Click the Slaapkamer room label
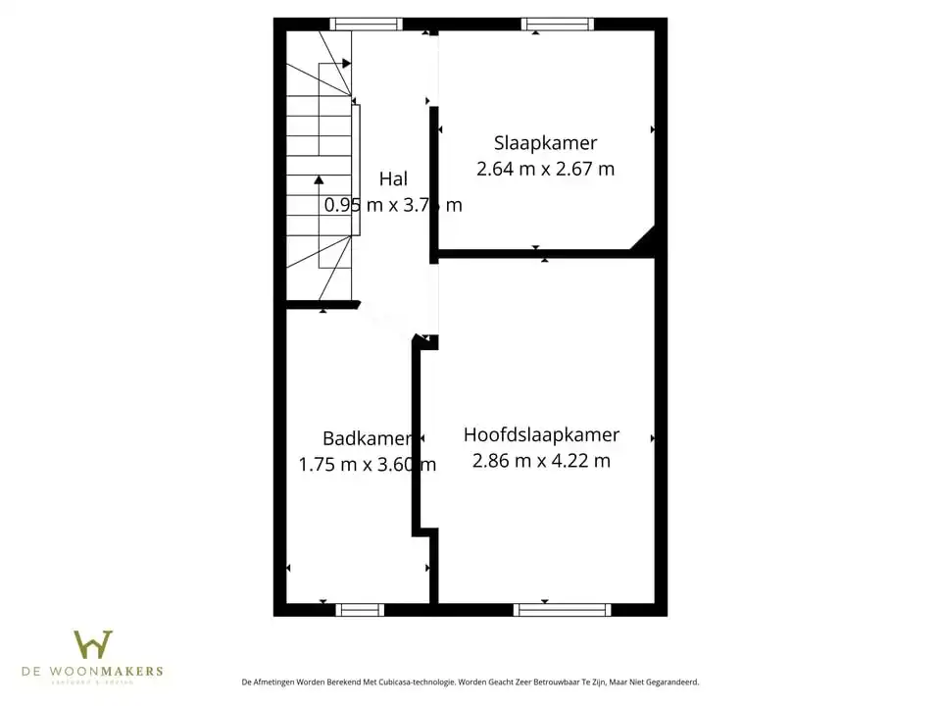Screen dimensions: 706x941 [545, 143]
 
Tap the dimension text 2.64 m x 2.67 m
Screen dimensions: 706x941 [545, 169]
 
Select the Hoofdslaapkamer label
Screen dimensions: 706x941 [541, 434]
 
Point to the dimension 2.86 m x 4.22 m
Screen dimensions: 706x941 [541, 461]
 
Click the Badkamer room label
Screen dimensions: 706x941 [367, 438]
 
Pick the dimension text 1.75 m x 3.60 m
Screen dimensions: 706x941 [367, 465]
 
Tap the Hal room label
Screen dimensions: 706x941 [393, 178]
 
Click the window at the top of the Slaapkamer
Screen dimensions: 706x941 [557, 25]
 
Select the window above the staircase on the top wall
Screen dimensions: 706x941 [366, 25]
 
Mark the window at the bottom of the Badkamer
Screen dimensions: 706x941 [360, 610]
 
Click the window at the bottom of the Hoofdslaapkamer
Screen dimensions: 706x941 [562, 610]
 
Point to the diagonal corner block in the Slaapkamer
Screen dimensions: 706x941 [643, 240]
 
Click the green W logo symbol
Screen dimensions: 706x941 [93, 644]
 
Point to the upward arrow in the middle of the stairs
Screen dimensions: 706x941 [319, 180]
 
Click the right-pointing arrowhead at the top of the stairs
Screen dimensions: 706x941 [347, 64]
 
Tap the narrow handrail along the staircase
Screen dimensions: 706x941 [357, 169]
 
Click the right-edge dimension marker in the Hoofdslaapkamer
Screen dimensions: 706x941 [652, 438]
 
